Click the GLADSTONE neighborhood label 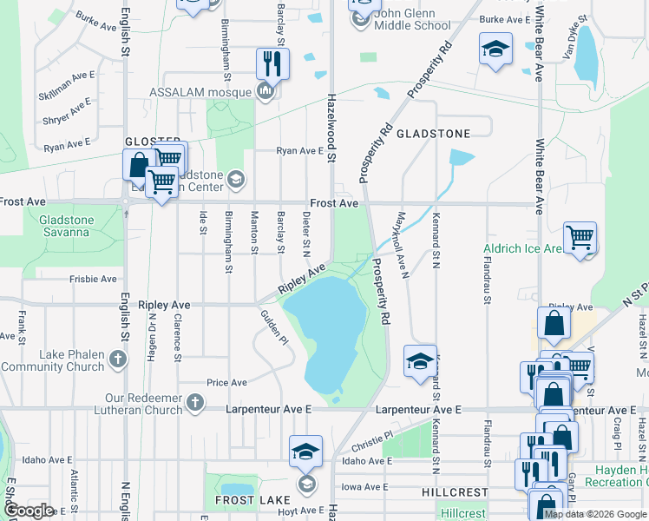pos(433,134)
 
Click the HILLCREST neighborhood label pos(455,491)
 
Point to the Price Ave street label pos(226,382)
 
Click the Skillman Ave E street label pos(67,76)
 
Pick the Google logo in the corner pos(29,511)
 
